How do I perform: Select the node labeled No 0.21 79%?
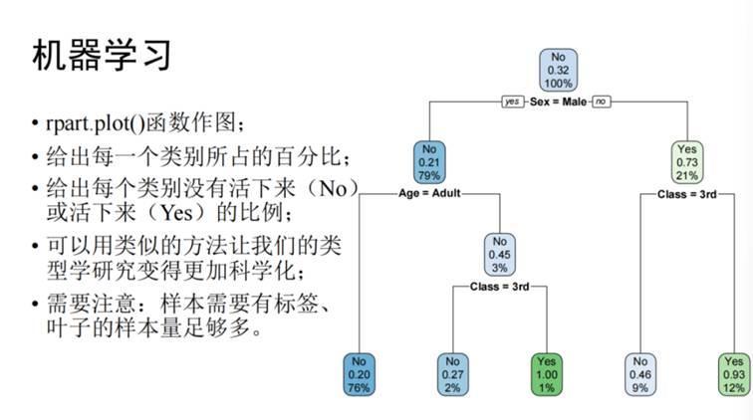pyautogui.click(x=430, y=162)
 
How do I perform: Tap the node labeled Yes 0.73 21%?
pyautogui.click(x=686, y=162)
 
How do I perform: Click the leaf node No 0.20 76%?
pyautogui.click(x=360, y=374)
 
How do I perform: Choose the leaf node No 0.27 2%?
pyautogui.click(x=452, y=374)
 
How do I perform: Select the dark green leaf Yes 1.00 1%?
pyautogui.click(x=547, y=374)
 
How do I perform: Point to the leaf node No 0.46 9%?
pyautogui.click(x=639, y=374)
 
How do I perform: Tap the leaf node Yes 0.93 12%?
pyautogui.click(x=733, y=374)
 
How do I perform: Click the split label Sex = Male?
pyautogui.click(x=559, y=102)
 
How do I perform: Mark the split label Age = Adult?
pyautogui.click(x=429, y=192)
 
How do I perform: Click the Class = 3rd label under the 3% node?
pyautogui.click(x=500, y=287)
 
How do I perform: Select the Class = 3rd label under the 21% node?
pyautogui.click(x=686, y=193)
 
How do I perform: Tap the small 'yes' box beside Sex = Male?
pyautogui.click(x=512, y=102)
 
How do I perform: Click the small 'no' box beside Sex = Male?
pyautogui.click(x=602, y=102)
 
